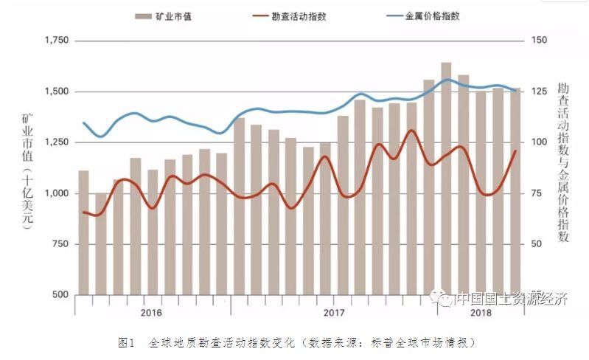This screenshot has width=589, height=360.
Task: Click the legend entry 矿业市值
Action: tap(163, 16)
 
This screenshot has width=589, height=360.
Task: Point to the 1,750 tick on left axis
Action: tap(56, 41)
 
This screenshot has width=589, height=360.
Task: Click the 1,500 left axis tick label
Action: tap(56, 91)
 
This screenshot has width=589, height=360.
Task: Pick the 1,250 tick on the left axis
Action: tap(56, 142)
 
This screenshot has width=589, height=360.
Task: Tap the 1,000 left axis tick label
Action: tap(56, 193)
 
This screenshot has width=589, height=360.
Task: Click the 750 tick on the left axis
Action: tap(61, 244)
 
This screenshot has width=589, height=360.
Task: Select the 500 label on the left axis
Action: tap(61, 295)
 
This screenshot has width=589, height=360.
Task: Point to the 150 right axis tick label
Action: tap(539, 41)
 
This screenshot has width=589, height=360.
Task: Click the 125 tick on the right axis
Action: tap(539, 91)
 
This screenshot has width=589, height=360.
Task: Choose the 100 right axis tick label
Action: tap(539, 142)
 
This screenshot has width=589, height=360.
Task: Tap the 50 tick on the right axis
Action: tap(537, 244)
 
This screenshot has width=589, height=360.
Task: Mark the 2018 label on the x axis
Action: tap(481, 312)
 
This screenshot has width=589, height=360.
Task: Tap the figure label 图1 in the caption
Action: tap(126, 343)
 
